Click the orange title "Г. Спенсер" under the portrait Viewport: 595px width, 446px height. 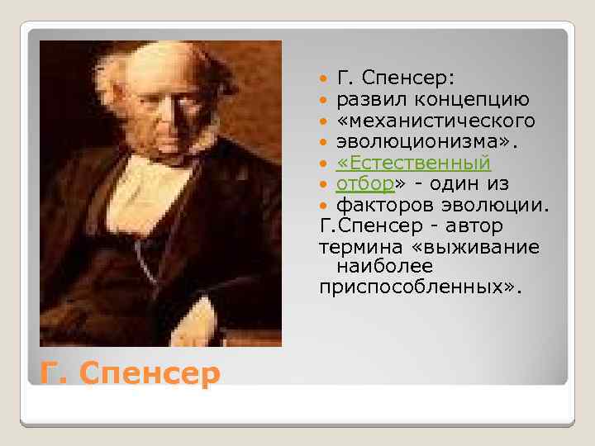(131, 373)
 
